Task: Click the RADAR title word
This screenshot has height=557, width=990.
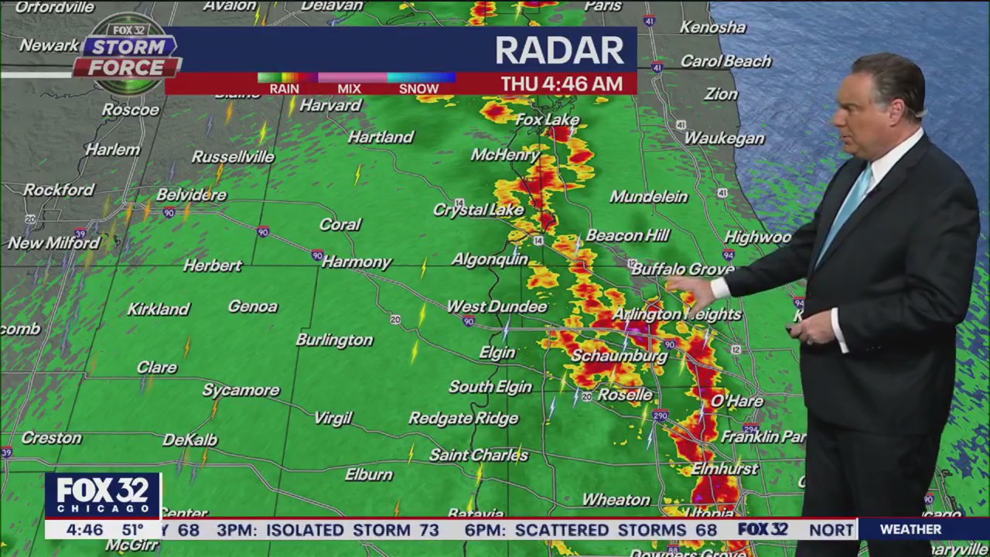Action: (559, 51)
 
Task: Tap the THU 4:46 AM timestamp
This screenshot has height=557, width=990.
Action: (562, 84)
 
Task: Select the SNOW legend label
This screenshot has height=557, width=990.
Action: (418, 88)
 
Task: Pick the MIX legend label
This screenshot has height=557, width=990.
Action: (349, 88)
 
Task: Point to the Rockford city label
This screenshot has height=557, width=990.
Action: (59, 190)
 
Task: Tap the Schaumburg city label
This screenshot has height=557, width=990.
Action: (619, 356)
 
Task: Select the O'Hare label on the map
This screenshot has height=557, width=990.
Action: (736, 401)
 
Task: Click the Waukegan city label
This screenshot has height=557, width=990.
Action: (724, 138)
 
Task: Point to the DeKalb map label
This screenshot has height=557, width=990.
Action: (189, 440)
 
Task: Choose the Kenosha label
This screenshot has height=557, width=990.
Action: (712, 27)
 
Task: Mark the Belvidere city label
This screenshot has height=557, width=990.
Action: (191, 195)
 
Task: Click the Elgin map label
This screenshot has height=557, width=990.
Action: (497, 353)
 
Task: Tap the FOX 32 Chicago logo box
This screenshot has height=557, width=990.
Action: (102, 496)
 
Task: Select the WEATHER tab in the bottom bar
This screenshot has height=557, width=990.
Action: (910, 529)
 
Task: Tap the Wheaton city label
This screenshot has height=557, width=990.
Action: (616, 500)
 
